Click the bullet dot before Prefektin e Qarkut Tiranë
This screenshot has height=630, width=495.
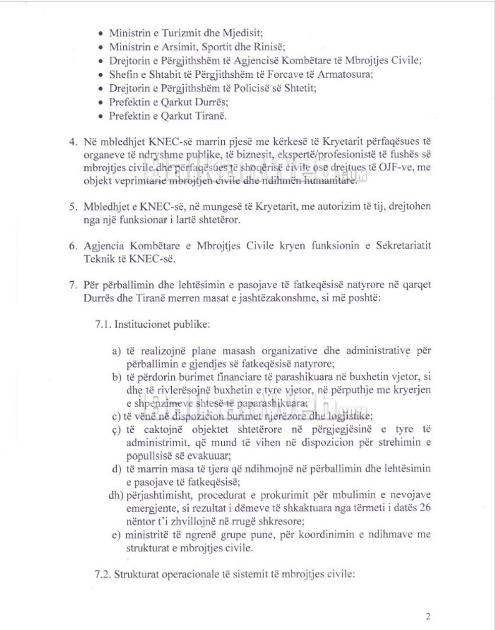[101, 116]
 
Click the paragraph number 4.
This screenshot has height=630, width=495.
[72, 142]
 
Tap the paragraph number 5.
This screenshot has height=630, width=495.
[72, 207]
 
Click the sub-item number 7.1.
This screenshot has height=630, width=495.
[103, 324]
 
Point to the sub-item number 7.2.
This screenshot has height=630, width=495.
[103, 574]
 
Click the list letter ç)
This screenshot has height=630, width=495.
[116, 430]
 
